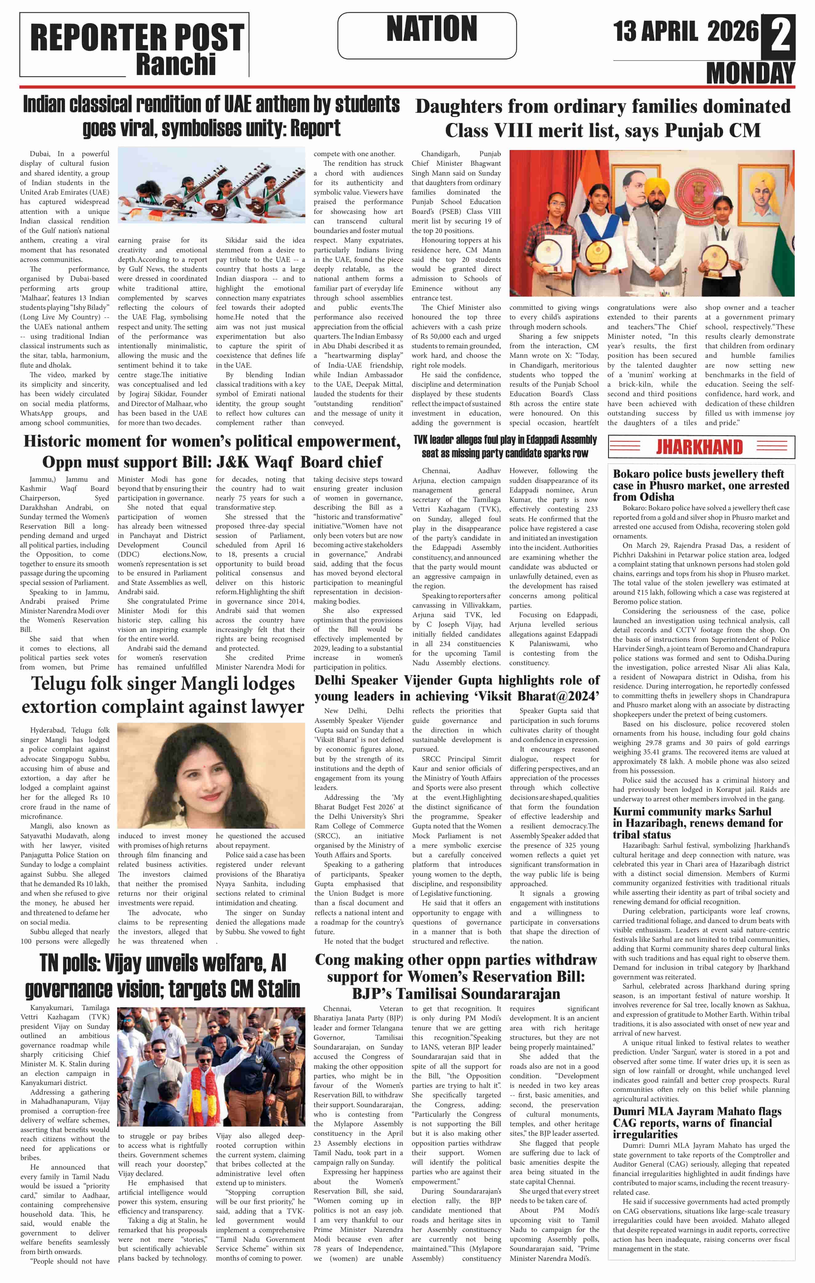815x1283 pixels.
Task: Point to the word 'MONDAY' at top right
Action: click(750, 73)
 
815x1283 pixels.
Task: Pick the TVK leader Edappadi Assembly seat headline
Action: click(504, 447)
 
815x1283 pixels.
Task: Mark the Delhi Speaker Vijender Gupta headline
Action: click(457, 688)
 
